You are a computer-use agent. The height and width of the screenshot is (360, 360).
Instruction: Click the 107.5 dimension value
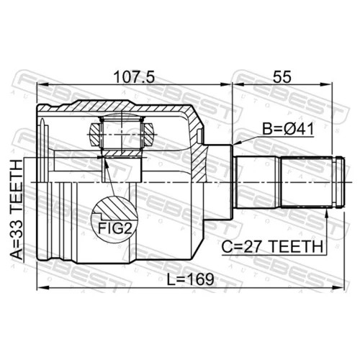click(134, 77)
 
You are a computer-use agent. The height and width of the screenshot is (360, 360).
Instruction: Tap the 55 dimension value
click(282, 77)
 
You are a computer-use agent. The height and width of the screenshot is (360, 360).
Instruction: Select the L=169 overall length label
click(190, 279)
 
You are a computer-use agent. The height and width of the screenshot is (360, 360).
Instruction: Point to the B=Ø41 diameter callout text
click(288, 129)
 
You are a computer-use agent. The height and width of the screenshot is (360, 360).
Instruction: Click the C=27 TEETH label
click(272, 247)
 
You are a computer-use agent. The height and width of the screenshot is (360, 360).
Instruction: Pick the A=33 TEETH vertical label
click(17, 210)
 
